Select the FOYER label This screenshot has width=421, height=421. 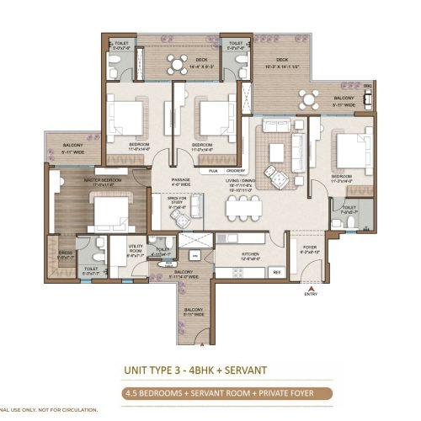(x=311, y=248)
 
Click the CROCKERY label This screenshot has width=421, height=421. (x=236, y=171)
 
